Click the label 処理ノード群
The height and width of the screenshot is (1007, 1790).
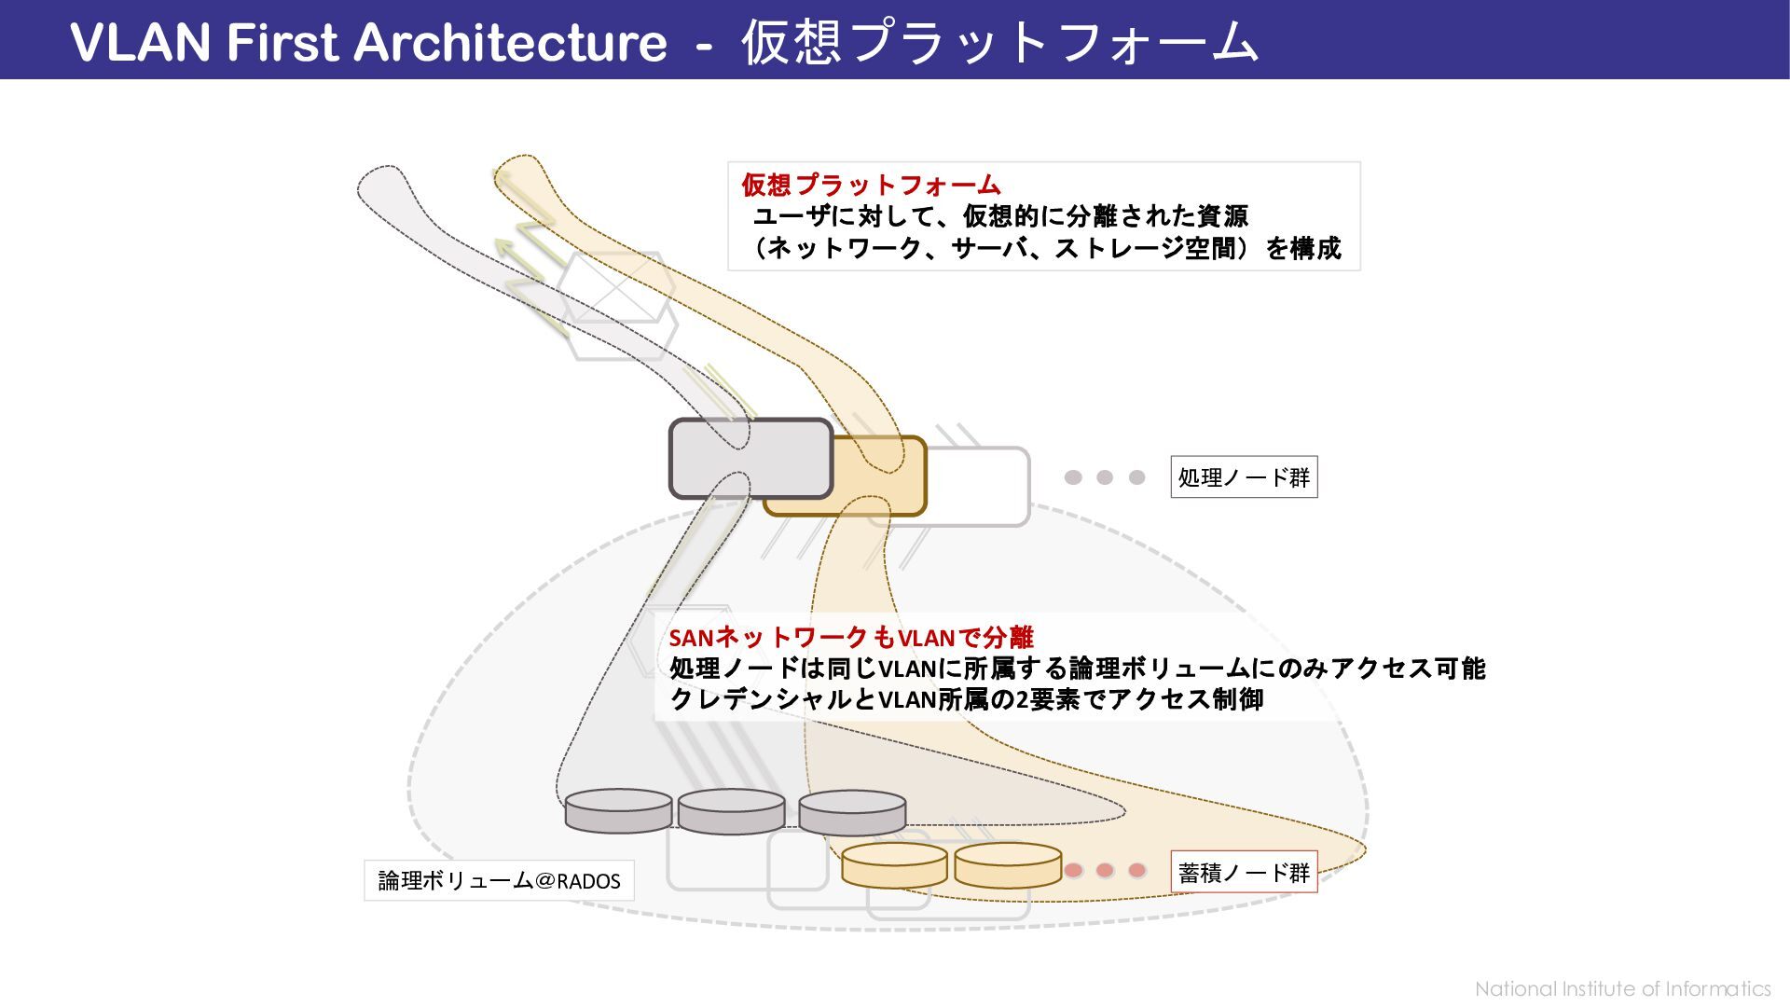(x=1244, y=477)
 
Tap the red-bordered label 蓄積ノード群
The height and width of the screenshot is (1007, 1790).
(x=1244, y=873)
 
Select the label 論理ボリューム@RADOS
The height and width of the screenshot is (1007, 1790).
(x=499, y=881)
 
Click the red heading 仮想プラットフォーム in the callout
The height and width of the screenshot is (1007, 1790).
(x=871, y=185)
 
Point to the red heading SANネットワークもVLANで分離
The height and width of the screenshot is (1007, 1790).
(x=851, y=638)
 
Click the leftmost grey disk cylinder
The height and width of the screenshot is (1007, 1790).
(x=618, y=811)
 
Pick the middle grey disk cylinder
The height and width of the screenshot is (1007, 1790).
(x=731, y=812)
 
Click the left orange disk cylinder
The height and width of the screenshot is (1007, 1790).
(x=894, y=865)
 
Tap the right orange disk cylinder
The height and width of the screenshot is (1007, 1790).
(x=1008, y=865)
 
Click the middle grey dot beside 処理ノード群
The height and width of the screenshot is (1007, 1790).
(x=1105, y=477)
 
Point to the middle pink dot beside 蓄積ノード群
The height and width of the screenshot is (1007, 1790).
(x=1105, y=871)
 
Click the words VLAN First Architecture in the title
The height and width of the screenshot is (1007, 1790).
(x=368, y=43)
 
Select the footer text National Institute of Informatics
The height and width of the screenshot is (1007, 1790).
(x=1622, y=988)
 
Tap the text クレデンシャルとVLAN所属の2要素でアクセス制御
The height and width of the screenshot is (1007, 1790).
(x=966, y=699)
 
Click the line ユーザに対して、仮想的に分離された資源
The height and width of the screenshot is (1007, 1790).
(x=1000, y=216)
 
